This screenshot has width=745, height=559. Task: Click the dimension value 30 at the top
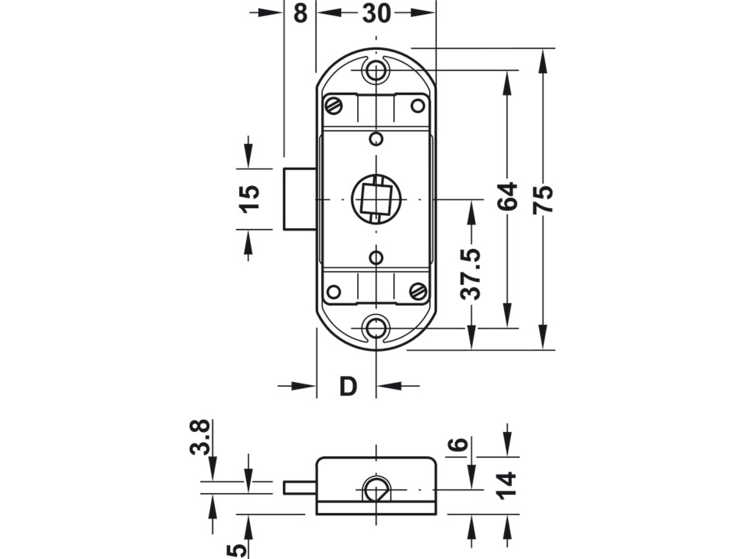376,13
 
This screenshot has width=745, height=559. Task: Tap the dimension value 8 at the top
300,13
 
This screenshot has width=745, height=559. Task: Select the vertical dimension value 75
543,199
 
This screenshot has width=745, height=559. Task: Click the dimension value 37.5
471,274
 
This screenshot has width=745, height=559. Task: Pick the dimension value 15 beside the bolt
250,199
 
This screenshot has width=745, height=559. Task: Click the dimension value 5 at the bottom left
236,550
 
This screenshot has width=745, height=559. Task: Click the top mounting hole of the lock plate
376,71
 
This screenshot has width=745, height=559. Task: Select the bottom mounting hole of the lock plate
376,328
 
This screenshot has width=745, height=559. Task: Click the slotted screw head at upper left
334,106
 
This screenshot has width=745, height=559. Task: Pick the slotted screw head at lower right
418,292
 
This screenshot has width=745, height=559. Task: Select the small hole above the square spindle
376,139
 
